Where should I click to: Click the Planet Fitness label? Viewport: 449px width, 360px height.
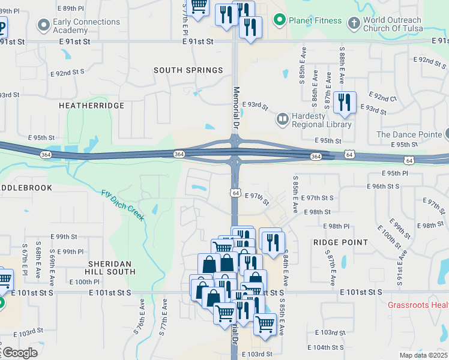pos(315,21)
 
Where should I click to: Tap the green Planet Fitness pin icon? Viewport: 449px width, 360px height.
pos(279,21)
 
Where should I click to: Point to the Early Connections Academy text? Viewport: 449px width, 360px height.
pos(86,26)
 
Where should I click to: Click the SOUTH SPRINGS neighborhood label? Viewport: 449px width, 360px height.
pos(188,70)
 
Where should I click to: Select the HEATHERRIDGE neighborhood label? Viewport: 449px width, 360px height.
pos(91,106)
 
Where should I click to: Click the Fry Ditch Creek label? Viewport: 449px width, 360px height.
pos(123,205)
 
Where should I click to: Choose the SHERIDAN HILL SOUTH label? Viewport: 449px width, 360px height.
pos(112,268)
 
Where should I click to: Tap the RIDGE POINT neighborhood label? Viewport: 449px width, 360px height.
pos(340,242)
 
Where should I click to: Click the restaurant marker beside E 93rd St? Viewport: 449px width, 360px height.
pos(344,102)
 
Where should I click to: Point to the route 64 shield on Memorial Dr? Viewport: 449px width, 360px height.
pos(235,193)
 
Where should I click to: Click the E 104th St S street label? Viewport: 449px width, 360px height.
pos(325,347)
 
